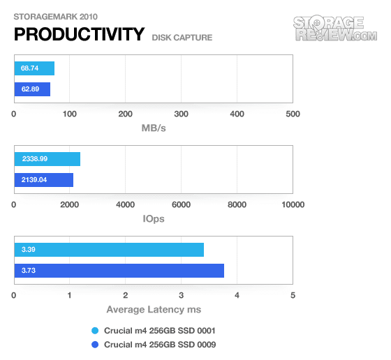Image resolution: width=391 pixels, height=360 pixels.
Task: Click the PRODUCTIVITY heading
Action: click(x=79, y=34)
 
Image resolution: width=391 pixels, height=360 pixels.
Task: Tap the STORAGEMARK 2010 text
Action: click(x=55, y=17)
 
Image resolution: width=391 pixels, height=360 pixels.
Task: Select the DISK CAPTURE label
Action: click(x=182, y=38)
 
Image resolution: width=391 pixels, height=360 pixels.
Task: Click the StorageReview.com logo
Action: click(x=335, y=28)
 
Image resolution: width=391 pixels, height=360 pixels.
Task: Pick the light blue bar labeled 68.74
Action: click(x=34, y=68)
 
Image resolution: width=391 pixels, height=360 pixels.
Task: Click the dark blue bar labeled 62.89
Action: click(x=32, y=89)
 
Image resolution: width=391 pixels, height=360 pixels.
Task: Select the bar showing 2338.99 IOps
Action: click(x=47, y=159)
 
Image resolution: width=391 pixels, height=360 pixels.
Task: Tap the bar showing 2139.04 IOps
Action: click(x=44, y=180)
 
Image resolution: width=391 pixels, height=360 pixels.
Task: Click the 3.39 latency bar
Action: click(x=109, y=250)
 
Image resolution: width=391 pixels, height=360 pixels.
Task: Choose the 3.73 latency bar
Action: click(x=119, y=271)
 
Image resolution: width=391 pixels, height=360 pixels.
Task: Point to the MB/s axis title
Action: click(x=154, y=128)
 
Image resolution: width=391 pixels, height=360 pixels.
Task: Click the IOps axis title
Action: click(x=154, y=219)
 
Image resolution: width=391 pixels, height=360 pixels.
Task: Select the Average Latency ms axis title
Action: click(x=154, y=310)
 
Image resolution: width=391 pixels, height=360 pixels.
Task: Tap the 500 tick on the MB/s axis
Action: click(x=293, y=114)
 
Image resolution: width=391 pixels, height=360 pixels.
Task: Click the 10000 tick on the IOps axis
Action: click(x=293, y=205)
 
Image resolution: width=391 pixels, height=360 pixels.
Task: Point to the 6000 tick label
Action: click(x=181, y=205)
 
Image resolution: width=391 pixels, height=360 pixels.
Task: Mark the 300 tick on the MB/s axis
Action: click(x=181, y=114)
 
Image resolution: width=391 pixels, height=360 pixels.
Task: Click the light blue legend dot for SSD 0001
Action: click(x=95, y=331)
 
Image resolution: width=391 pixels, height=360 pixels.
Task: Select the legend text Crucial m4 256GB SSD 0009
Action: click(x=160, y=345)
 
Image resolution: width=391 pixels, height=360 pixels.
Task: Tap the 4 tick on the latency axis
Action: click(x=237, y=296)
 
